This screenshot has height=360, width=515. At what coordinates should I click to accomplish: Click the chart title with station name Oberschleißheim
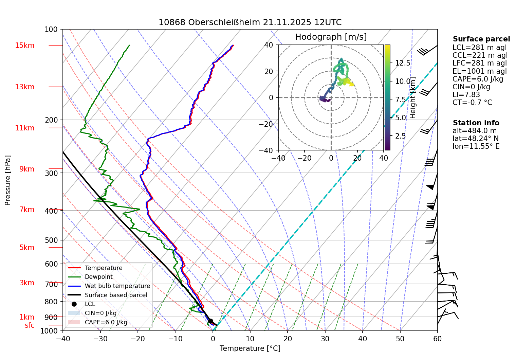(x=250, y=22)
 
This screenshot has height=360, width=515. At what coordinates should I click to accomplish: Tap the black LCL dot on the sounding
(x=210, y=321)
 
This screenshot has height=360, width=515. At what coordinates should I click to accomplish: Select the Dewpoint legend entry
(x=98, y=277)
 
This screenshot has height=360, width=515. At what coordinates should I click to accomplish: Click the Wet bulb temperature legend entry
(x=117, y=286)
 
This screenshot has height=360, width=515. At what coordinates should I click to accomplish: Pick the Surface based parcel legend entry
(x=116, y=295)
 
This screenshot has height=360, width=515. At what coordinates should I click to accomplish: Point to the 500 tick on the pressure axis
(x=51, y=240)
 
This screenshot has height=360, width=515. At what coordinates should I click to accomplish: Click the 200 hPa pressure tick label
(x=51, y=120)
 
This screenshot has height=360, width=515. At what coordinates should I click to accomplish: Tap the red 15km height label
(x=24, y=46)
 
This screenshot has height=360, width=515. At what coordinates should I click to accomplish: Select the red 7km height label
(x=27, y=210)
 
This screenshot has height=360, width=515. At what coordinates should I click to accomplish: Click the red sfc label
(x=30, y=325)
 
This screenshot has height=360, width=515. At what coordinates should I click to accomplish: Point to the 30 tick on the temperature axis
(x=325, y=339)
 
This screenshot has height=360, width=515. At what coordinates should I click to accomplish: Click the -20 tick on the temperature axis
(x=137, y=339)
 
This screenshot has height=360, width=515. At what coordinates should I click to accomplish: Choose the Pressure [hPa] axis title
(x=8, y=180)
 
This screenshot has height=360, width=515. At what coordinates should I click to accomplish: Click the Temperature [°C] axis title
(x=250, y=348)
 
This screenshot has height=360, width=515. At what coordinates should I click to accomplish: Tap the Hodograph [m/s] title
(x=331, y=37)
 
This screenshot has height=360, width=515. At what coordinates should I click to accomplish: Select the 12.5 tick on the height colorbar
(x=403, y=63)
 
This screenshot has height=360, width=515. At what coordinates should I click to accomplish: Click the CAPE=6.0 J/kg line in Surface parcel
(x=478, y=79)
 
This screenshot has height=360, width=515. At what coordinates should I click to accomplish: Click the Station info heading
(x=476, y=123)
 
